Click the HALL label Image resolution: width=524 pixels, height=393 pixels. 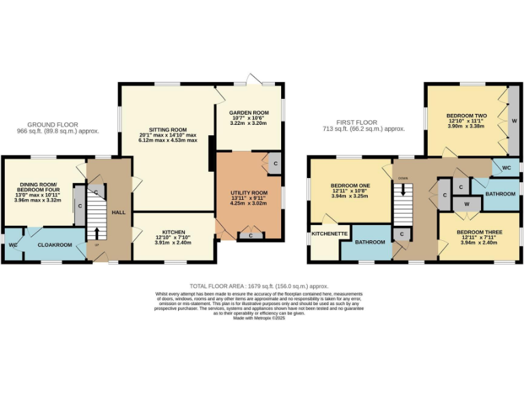point(119,213)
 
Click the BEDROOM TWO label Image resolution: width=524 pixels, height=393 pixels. point(466,116)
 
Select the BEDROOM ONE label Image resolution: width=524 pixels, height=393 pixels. point(350,186)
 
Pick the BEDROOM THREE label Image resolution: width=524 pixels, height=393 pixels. point(481,233)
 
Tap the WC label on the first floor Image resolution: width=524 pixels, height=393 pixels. point(506,167)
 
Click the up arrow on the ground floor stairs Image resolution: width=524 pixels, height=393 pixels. point(96,233)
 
